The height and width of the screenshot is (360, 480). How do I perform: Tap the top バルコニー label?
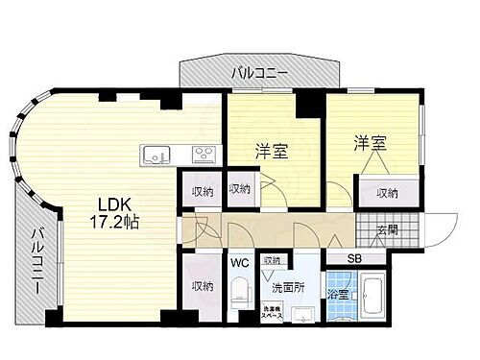(260, 70)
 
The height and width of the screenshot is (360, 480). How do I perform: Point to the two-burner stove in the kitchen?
(204, 154)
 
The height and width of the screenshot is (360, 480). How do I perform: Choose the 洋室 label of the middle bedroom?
(271, 151)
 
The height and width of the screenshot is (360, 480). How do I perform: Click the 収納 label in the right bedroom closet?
(387, 194)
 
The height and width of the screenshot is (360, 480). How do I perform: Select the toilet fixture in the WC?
(238, 293)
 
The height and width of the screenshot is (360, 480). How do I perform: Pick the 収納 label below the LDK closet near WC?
(202, 285)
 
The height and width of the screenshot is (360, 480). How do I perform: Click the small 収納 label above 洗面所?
(272, 260)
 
